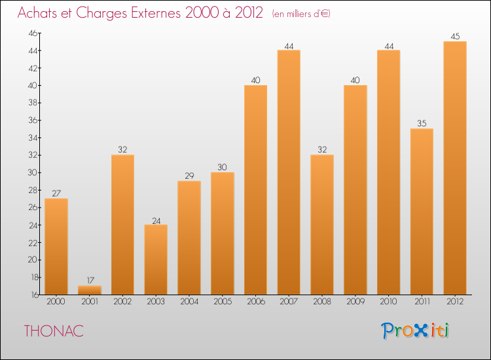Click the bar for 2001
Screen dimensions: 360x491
(89, 290)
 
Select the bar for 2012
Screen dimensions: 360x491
(455, 168)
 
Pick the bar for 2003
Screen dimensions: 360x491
(156, 259)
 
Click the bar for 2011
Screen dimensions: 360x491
(422, 211)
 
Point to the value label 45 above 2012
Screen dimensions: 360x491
(455, 37)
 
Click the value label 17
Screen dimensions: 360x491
(89, 281)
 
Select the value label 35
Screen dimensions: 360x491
(422, 124)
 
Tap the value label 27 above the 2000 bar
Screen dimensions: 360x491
(56, 194)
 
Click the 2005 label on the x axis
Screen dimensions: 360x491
(223, 302)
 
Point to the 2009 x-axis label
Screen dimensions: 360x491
(355, 302)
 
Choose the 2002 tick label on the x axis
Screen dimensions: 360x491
(122, 302)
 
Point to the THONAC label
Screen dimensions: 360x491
(54, 331)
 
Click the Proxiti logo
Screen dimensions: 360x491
(415, 331)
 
